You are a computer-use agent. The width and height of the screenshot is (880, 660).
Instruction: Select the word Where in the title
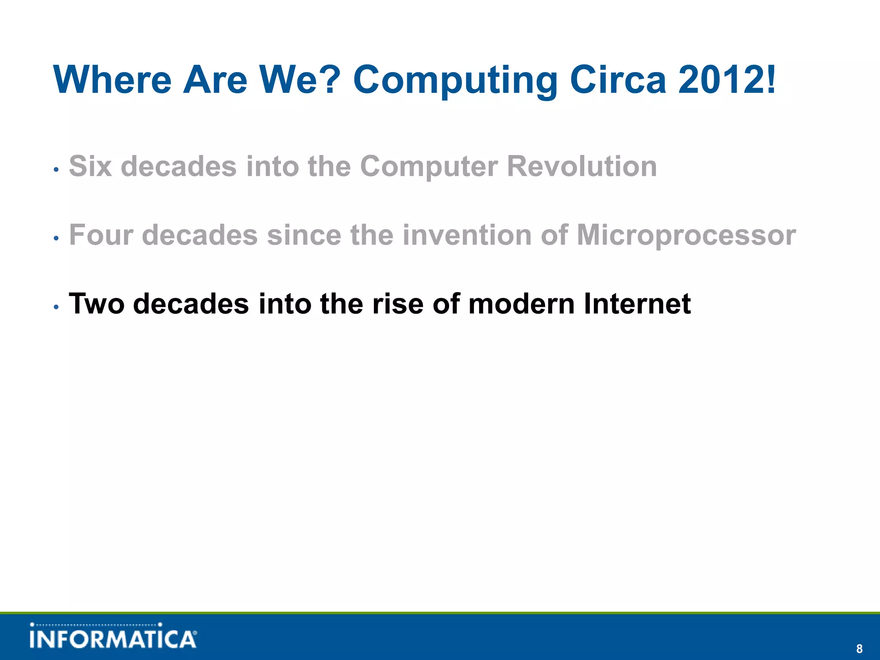[x=113, y=80]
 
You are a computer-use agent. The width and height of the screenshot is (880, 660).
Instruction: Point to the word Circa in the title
[x=618, y=80]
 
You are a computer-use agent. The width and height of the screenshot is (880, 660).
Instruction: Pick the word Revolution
[x=582, y=166]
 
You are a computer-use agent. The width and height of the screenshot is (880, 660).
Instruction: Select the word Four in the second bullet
[x=101, y=235]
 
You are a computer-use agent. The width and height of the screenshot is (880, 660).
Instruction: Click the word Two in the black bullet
[x=97, y=304]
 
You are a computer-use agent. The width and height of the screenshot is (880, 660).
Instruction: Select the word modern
[x=522, y=304]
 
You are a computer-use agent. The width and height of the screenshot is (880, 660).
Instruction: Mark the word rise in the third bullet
[x=397, y=304]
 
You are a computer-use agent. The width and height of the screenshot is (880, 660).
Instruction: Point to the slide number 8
[x=859, y=649]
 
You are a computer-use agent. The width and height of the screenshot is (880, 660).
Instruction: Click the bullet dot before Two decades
[x=56, y=307]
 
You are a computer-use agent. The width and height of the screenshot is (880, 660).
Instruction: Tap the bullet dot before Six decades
[x=56, y=169]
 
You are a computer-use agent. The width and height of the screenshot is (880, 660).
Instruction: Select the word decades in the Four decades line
[x=200, y=235]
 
